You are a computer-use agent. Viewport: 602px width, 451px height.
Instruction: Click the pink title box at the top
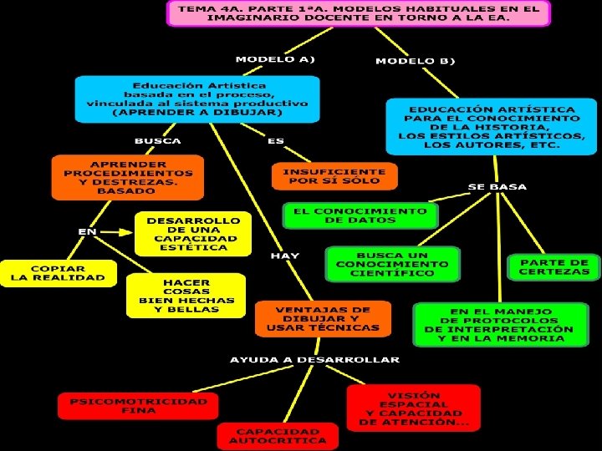(x=359, y=13)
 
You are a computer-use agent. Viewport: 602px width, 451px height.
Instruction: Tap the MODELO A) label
(x=274, y=59)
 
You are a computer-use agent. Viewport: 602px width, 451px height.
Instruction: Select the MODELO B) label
(x=415, y=61)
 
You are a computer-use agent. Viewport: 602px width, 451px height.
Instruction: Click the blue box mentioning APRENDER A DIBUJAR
(x=197, y=99)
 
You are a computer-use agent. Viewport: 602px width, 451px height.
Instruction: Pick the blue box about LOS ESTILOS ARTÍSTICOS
(x=491, y=126)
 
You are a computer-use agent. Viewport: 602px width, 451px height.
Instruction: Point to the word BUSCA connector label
(x=158, y=140)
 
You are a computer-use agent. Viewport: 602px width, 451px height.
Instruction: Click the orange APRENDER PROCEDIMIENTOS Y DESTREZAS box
(x=127, y=177)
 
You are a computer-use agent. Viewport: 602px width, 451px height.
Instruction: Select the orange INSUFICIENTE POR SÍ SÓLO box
(x=334, y=176)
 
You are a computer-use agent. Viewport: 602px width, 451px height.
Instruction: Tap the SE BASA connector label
(x=497, y=186)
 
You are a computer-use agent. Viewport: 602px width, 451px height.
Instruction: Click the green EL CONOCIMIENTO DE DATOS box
(x=360, y=215)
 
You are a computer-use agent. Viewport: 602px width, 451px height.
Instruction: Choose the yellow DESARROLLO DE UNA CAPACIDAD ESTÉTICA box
(x=191, y=233)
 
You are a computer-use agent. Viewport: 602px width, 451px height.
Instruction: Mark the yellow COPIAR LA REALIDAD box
(x=58, y=272)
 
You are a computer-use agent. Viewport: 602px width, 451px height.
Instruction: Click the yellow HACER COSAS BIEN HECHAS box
(x=186, y=295)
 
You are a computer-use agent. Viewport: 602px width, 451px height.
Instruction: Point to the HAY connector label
(x=284, y=256)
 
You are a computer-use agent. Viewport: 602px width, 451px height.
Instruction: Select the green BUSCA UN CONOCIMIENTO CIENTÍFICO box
(x=392, y=264)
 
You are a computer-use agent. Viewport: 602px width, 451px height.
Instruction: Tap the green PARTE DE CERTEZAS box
(x=554, y=266)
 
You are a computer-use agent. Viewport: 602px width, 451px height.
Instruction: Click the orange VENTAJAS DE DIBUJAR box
(x=323, y=318)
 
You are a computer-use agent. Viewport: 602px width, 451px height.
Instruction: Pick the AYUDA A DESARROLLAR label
(x=315, y=360)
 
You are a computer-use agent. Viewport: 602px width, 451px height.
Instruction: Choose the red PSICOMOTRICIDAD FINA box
(x=138, y=406)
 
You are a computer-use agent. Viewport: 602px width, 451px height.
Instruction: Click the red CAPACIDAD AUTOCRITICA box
(x=278, y=435)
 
